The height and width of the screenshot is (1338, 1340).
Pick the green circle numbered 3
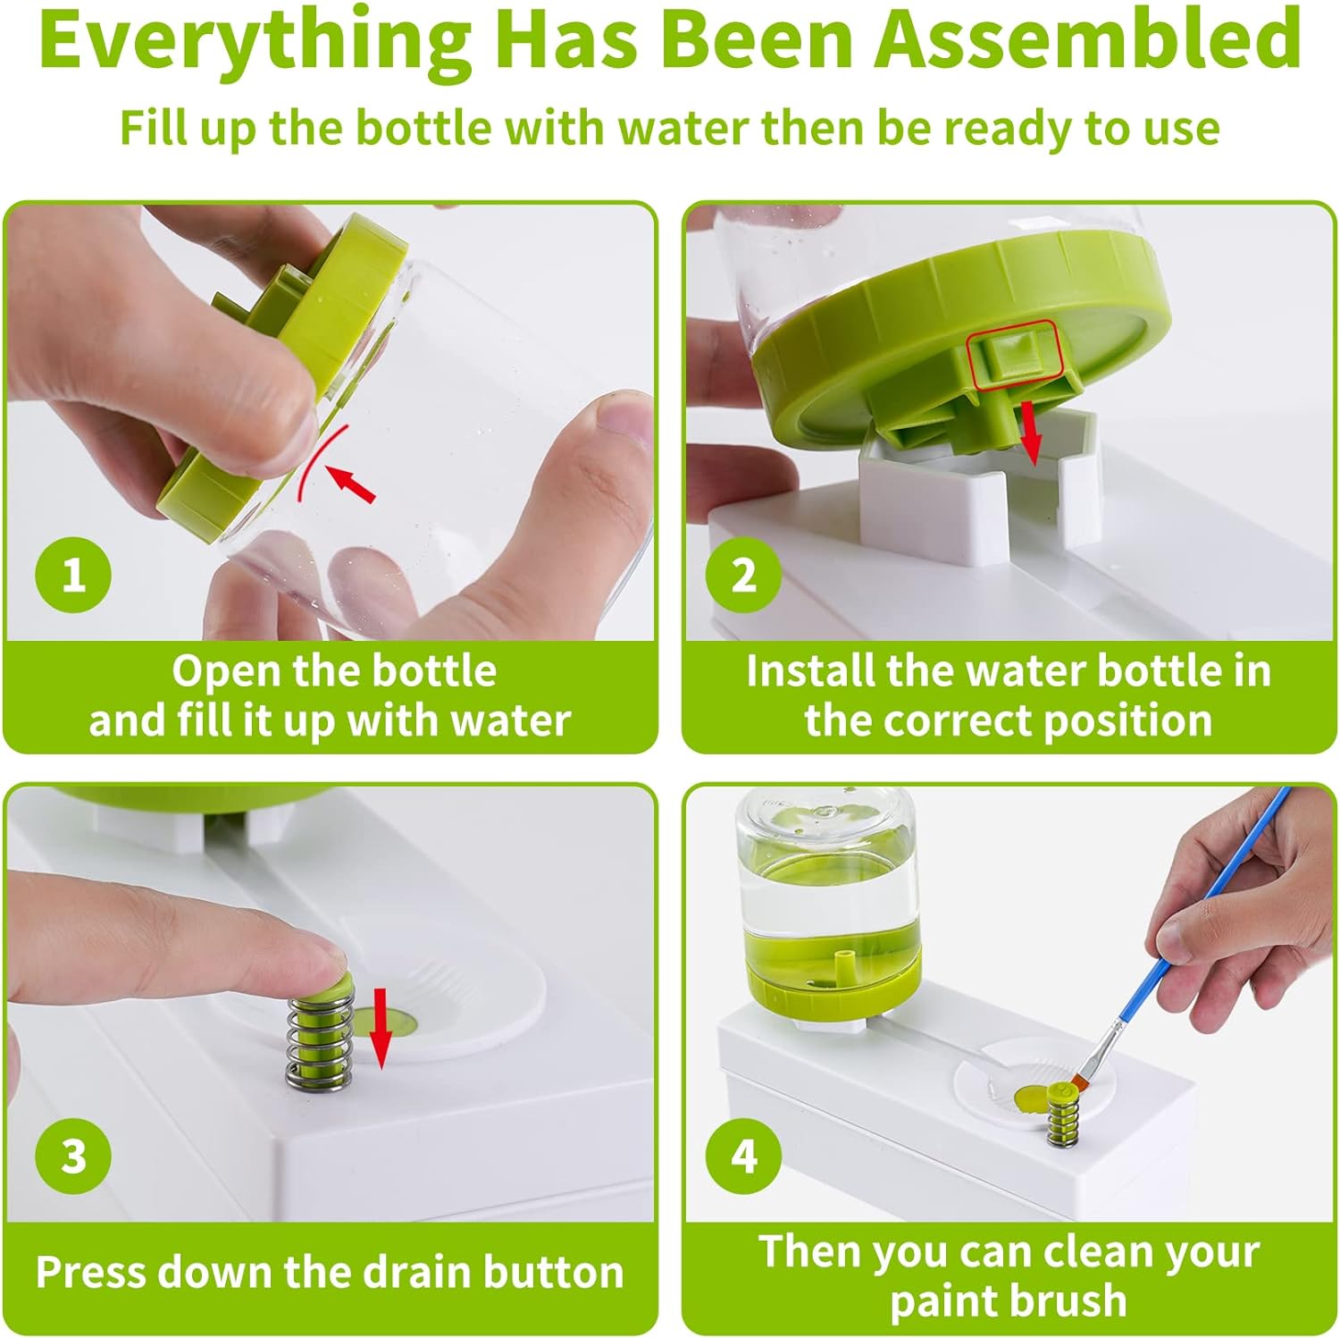[x=73, y=1155]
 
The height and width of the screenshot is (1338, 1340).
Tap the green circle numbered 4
[x=743, y=1155]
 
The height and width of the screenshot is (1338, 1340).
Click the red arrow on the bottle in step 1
[x=352, y=483]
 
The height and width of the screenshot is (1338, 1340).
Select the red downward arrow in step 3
[x=381, y=1028]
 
